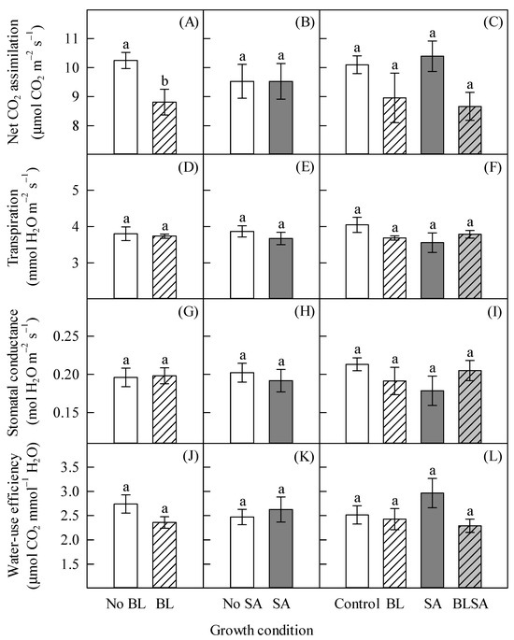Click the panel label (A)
coord(189,22)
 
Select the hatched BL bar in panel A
coord(164,128)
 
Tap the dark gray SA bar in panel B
coord(281,118)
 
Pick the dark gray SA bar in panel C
coord(433,105)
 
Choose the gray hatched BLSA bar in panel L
coord(470,557)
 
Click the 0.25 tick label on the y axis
coord(67,336)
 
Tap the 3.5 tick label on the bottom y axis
coord(72,467)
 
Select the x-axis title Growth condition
coord(262,630)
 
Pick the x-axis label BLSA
coord(470,604)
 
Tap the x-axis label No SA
coord(242,604)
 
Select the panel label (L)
coord(493,457)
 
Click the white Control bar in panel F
coord(357,262)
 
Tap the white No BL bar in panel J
coord(126,546)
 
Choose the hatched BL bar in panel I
coord(394,412)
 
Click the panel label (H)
coord(305,312)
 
